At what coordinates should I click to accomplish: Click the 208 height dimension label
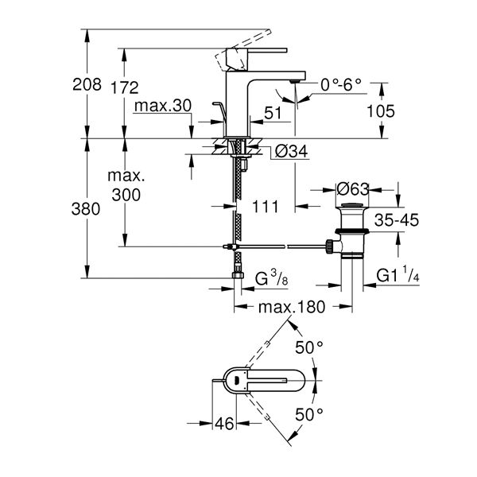click(87, 84)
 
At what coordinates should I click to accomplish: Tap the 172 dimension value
click(125, 88)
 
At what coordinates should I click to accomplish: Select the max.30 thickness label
click(163, 106)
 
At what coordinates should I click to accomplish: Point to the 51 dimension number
click(273, 113)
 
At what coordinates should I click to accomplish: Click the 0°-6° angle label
click(341, 85)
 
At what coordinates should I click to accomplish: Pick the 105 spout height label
click(381, 111)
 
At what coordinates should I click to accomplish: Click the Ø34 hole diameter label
click(291, 151)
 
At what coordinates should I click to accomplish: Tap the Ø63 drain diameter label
click(353, 189)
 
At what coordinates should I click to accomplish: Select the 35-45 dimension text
click(397, 220)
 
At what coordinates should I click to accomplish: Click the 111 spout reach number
click(266, 207)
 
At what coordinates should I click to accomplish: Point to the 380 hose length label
click(86, 209)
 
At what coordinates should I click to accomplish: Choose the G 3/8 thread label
click(271, 279)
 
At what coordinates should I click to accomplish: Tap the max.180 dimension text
click(292, 307)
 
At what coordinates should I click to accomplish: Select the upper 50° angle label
click(309, 347)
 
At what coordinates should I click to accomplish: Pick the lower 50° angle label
click(309, 414)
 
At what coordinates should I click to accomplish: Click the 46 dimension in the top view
click(224, 424)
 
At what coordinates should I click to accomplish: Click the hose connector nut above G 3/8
click(238, 275)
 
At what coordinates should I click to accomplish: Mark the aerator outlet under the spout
click(294, 81)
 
